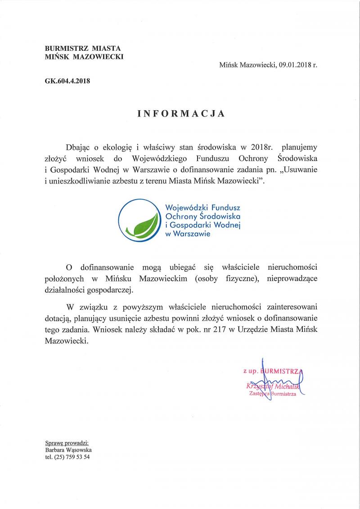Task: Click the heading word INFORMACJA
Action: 180,114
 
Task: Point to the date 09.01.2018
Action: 293,65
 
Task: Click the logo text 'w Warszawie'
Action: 188,233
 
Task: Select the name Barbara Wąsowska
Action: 68,449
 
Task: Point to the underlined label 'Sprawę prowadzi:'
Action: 67,442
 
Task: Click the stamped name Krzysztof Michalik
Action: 273,386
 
